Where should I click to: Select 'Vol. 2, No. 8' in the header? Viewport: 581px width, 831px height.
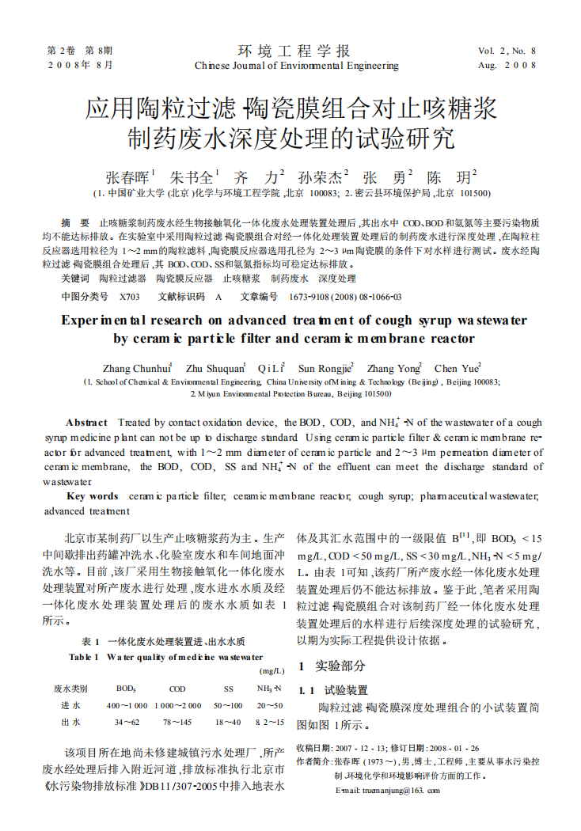[507, 51]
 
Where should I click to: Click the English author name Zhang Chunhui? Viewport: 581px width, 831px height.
[136, 368]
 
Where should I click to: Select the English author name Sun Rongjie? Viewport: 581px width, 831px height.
[325, 368]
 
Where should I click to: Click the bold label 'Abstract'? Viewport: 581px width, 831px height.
[86, 423]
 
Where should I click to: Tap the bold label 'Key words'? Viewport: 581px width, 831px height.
[93, 496]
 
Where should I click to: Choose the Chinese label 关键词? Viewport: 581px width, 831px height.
[74, 279]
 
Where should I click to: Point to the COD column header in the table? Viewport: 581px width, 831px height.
[178, 689]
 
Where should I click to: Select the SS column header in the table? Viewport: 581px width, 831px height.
[229, 689]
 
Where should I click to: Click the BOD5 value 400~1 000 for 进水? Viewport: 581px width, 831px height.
[127, 705]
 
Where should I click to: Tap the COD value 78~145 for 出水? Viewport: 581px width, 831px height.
[177, 723]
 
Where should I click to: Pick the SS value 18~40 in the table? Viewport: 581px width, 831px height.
[228, 723]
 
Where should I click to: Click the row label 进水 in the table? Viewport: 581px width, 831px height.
[70, 705]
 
